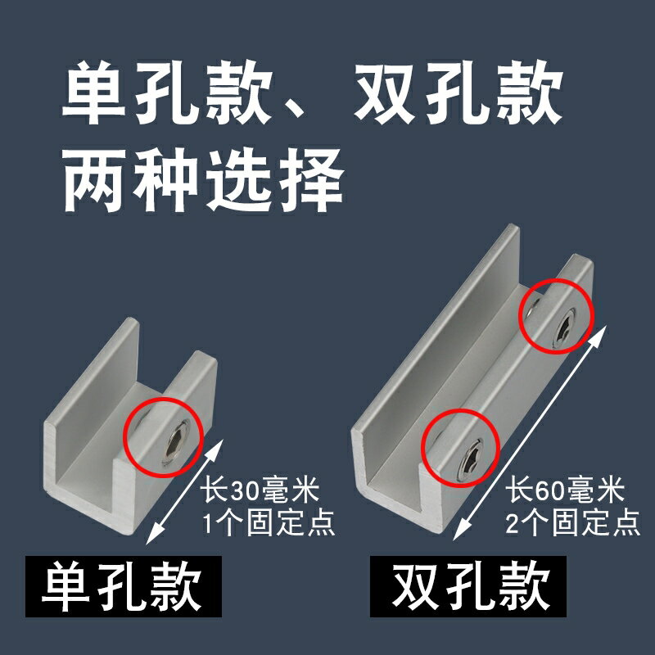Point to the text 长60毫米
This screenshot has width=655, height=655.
565,490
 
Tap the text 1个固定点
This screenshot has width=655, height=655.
269,522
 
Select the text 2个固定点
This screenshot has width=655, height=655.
572,522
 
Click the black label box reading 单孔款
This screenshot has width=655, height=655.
124,586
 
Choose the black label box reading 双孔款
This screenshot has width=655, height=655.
468,586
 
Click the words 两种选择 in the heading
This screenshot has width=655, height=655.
203,180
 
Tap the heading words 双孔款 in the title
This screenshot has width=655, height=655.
458,93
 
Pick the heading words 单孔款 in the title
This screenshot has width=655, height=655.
167,93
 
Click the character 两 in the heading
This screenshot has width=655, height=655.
95,180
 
